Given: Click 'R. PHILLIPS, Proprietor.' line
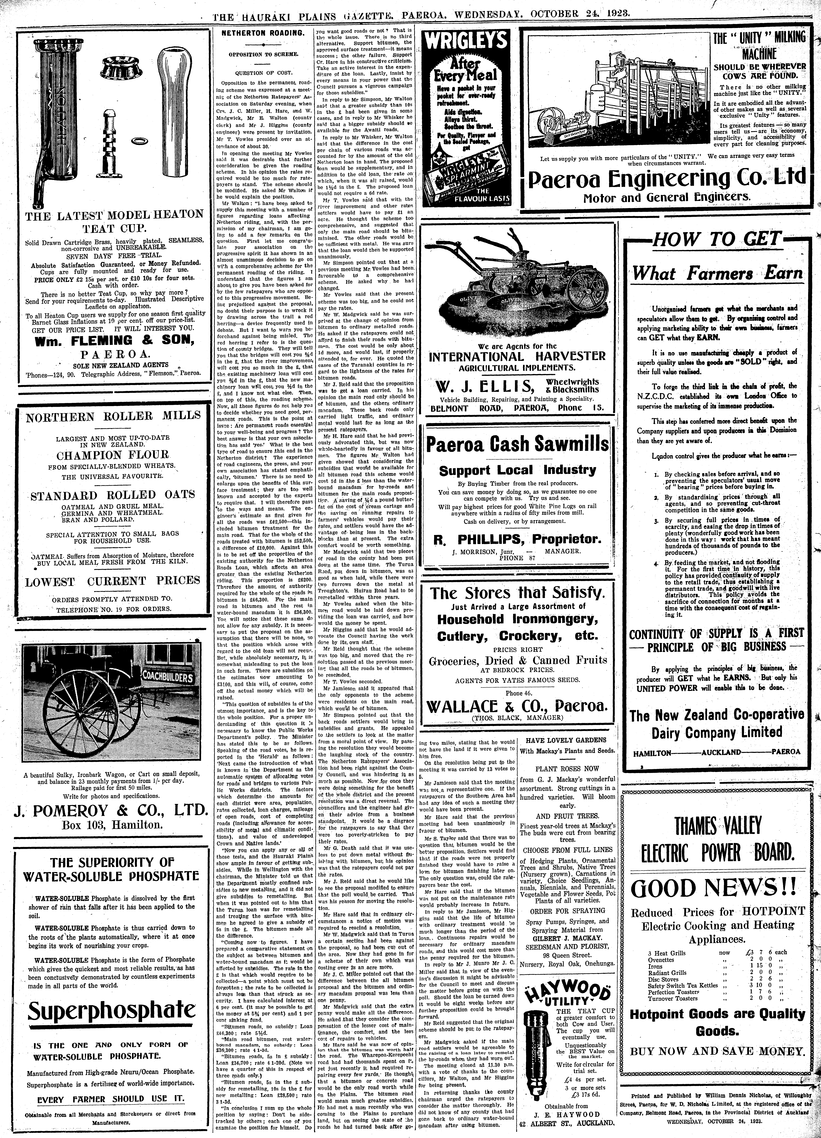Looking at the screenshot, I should pyautogui.click(x=517, y=539).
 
